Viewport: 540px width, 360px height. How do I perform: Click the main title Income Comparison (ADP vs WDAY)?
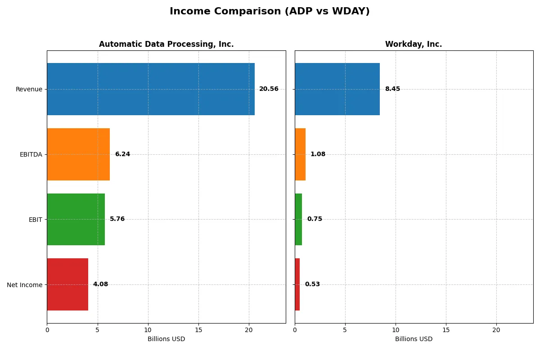pyautogui.click(x=270, y=12)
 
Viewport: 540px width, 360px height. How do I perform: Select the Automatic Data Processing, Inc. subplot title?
pyautogui.click(x=166, y=44)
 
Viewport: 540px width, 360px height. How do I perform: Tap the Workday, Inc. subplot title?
pyautogui.click(x=413, y=44)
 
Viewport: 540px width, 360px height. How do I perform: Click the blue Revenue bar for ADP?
pyautogui.click(x=151, y=89)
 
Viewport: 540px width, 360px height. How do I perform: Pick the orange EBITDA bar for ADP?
pyautogui.click(x=78, y=154)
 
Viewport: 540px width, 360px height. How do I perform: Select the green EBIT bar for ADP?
pyautogui.click(x=76, y=220)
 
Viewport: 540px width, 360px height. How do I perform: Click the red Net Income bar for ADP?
pyautogui.click(x=67, y=284)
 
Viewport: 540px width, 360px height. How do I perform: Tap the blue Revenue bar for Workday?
pyautogui.click(x=337, y=89)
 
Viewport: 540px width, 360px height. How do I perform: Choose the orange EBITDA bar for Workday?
pyautogui.click(x=300, y=154)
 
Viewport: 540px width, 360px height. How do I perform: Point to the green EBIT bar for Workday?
pyautogui.click(x=298, y=220)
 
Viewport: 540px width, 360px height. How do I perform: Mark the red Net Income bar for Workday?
pyautogui.click(x=297, y=284)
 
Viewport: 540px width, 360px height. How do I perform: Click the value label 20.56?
pyautogui.click(x=269, y=89)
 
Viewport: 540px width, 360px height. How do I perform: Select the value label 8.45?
pyautogui.click(x=392, y=89)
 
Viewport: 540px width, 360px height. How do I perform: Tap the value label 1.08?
pyautogui.click(x=318, y=154)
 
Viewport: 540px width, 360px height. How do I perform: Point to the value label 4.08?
pyautogui.click(x=100, y=284)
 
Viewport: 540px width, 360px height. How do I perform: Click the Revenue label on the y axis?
pyautogui.click(x=29, y=89)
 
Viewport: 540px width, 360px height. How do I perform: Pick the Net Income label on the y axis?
pyautogui.click(x=25, y=285)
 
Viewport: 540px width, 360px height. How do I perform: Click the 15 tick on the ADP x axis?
pyautogui.click(x=198, y=330)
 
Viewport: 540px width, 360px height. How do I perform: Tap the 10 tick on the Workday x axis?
pyautogui.click(x=396, y=330)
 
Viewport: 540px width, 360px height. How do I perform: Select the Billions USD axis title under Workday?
pyautogui.click(x=414, y=339)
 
